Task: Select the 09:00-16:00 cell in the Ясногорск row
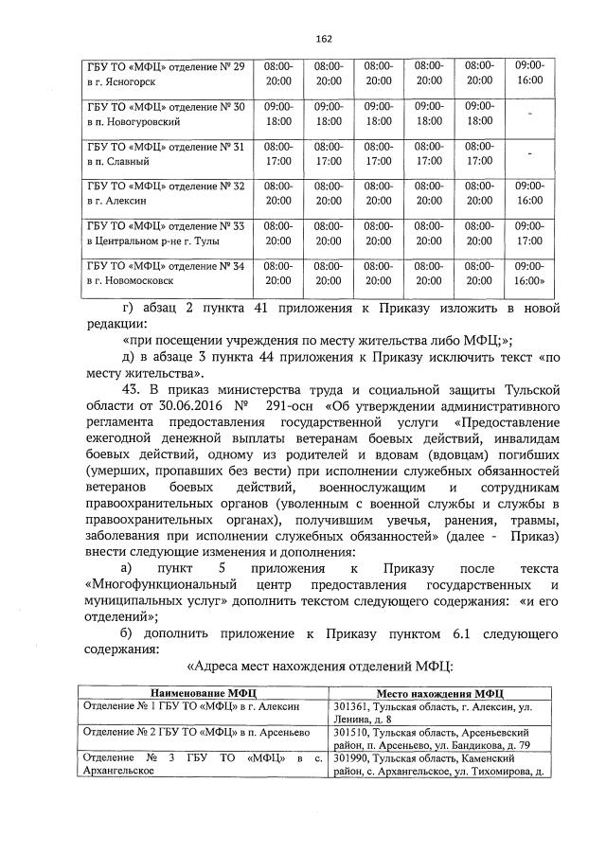530,75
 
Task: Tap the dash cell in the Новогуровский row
530,115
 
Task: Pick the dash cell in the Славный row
530,154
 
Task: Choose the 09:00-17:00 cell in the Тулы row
530,234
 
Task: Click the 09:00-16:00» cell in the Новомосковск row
530,274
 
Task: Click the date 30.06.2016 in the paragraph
196,405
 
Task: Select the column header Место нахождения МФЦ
438,693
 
